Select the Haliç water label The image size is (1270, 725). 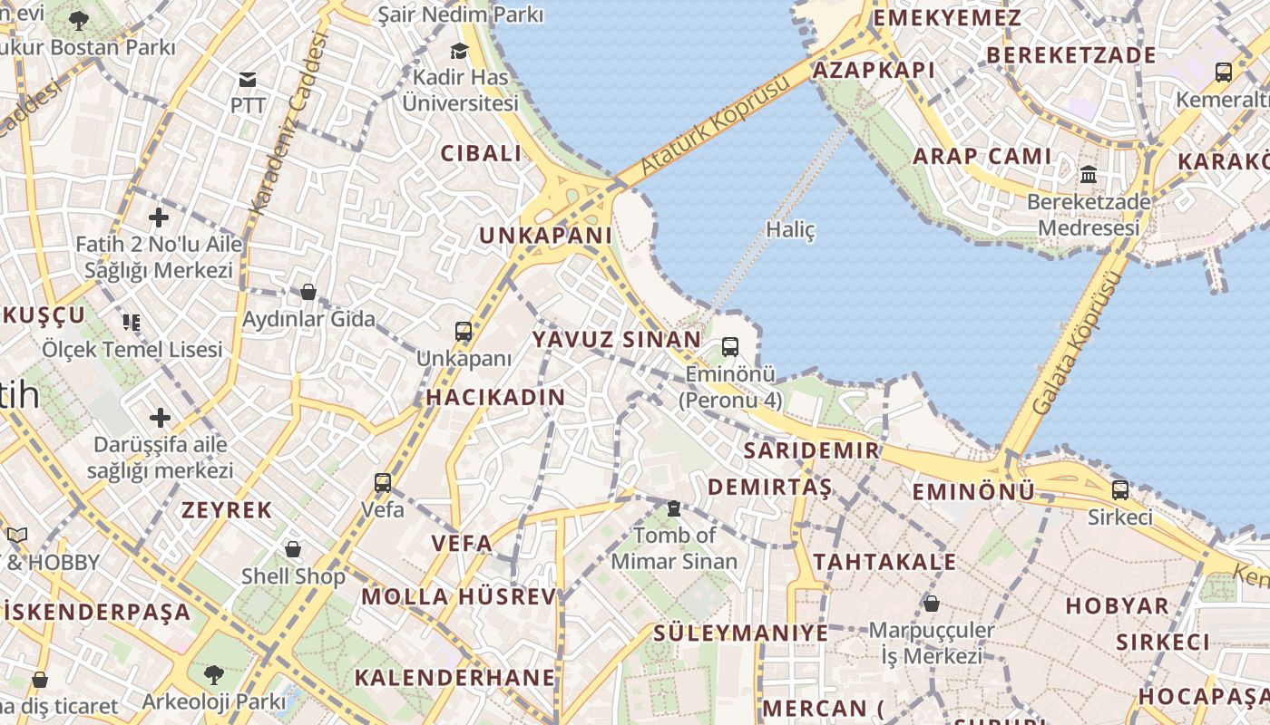tap(790, 229)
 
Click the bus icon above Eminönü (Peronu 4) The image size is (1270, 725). tap(730, 347)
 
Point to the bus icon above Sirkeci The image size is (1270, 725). tap(1120, 490)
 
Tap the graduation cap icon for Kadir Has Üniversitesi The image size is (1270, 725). tap(460, 51)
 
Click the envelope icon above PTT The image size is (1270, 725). tap(247, 80)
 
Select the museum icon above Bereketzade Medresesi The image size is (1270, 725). tap(1089, 174)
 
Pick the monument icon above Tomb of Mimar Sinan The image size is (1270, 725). tap(673, 509)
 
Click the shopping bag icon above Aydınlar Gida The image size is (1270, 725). tap(308, 292)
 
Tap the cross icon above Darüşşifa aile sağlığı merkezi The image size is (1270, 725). tap(161, 418)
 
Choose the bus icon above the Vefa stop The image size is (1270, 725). tap(383, 482)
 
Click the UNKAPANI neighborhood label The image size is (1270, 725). tap(545, 236)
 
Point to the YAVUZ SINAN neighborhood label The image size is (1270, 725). tap(616, 340)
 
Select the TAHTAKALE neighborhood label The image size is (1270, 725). tap(884, 562)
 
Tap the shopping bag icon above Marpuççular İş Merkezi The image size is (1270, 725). tap(931, 604)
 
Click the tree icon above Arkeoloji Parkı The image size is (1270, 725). tap(213, 675)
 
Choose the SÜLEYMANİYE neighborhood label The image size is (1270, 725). tap(741, 633)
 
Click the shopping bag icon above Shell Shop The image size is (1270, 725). tap(293, 549)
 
